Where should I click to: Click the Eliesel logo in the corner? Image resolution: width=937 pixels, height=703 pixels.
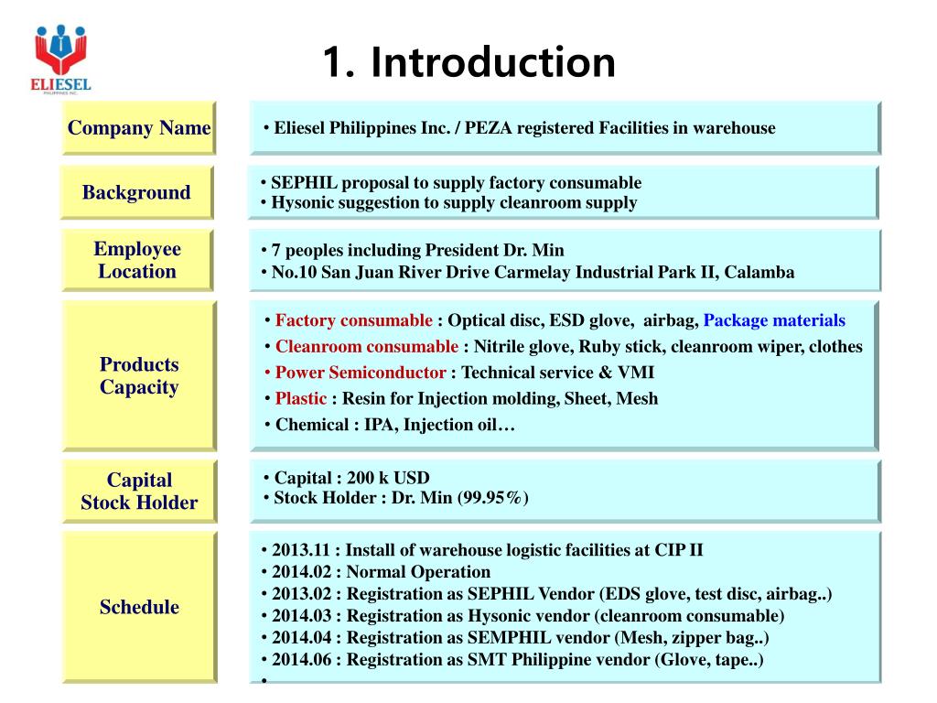tap(62, 58)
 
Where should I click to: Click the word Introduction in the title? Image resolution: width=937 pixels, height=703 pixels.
tap(493, 62)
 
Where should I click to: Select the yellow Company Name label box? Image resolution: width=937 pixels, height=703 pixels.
tap(139, 128)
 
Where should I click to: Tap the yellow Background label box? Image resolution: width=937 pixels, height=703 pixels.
tap(136, 192)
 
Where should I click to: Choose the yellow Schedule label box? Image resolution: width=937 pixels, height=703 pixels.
tap(139, 607)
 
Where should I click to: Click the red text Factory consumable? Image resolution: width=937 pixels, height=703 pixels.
tap(353, 320)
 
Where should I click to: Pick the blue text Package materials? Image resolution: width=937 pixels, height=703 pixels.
tap(774, 320)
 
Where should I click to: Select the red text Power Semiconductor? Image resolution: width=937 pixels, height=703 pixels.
tap(361, 373)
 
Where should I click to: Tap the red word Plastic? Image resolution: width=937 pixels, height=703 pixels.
tap(301, 398)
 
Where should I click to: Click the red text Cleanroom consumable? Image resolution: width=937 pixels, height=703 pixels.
tap(366, 347)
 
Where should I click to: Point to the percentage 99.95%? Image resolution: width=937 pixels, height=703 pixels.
tap(494, 498)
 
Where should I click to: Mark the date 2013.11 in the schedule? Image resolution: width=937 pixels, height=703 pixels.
tap(298, 550)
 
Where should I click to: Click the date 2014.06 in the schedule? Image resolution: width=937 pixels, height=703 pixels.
tap(298, 660)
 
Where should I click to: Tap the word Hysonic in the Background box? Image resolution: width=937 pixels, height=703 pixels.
tap(301, 203)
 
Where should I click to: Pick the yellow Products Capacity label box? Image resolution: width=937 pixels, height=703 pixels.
tap(139, 376)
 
